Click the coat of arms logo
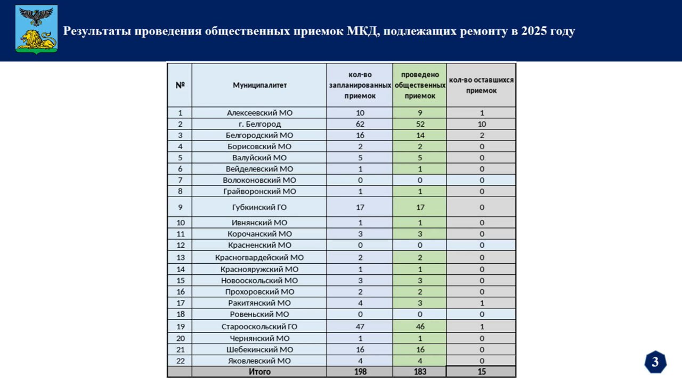(36, 29)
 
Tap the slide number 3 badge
(655, 362)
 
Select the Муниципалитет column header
(259, 85)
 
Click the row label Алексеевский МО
(259, 113)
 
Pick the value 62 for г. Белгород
(360, 124)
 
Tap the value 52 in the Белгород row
(420, 124)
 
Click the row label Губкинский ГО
(259, 207)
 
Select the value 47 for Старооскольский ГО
(360, 327)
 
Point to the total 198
(360, 372)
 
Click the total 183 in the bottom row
(420, 372)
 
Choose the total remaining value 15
(482, 372)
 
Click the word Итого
(259, 372)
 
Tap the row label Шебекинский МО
(259, 349)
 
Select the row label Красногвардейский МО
(259, 258)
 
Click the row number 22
(180, 361)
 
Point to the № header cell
(180, 85)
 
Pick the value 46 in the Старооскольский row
(420, 327)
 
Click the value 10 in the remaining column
(482, 124)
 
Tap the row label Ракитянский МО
(259, 303)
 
